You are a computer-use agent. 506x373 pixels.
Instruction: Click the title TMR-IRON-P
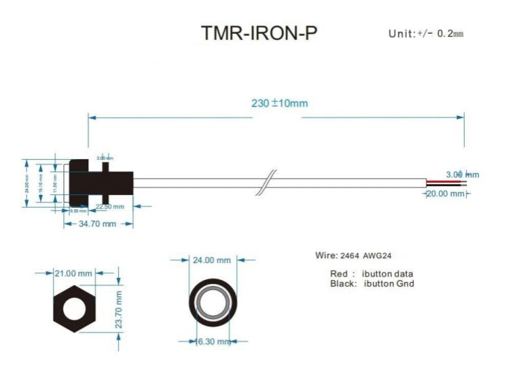(258, 34)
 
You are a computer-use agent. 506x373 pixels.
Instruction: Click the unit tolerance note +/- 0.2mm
(426, 34)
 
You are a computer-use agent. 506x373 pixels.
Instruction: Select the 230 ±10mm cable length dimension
(279, 104)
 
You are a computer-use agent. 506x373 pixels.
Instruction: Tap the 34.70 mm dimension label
(98, 223)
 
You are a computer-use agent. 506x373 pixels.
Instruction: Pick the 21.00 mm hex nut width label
(74, 273)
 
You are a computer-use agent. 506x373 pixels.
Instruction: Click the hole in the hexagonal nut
(74, 308)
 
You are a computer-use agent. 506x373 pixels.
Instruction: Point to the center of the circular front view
(213, 302)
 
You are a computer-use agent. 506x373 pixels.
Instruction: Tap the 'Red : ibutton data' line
(372, 274)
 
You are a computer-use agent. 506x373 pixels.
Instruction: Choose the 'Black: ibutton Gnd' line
(372, 284)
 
